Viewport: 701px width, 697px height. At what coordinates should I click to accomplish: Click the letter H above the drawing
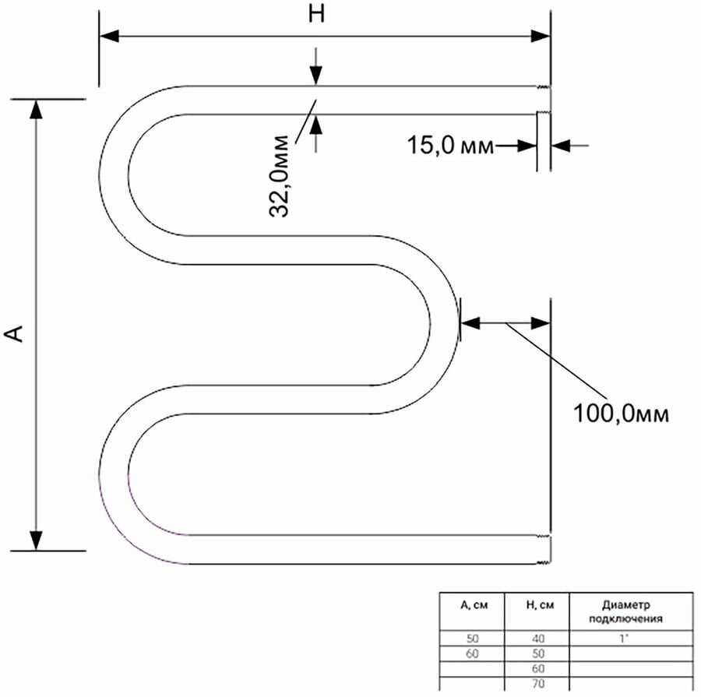(315, 16)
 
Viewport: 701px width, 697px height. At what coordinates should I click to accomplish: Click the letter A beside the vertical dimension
(15, 333)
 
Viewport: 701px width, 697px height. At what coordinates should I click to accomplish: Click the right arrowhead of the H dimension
(541, 36)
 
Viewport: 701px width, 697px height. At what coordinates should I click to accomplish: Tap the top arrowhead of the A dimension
(35, 109)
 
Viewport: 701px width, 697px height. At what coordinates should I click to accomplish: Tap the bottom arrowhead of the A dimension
(35, 540)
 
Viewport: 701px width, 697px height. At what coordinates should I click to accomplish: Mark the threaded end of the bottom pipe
(545, 549)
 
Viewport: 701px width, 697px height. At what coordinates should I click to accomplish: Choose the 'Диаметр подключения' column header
(631, 613)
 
